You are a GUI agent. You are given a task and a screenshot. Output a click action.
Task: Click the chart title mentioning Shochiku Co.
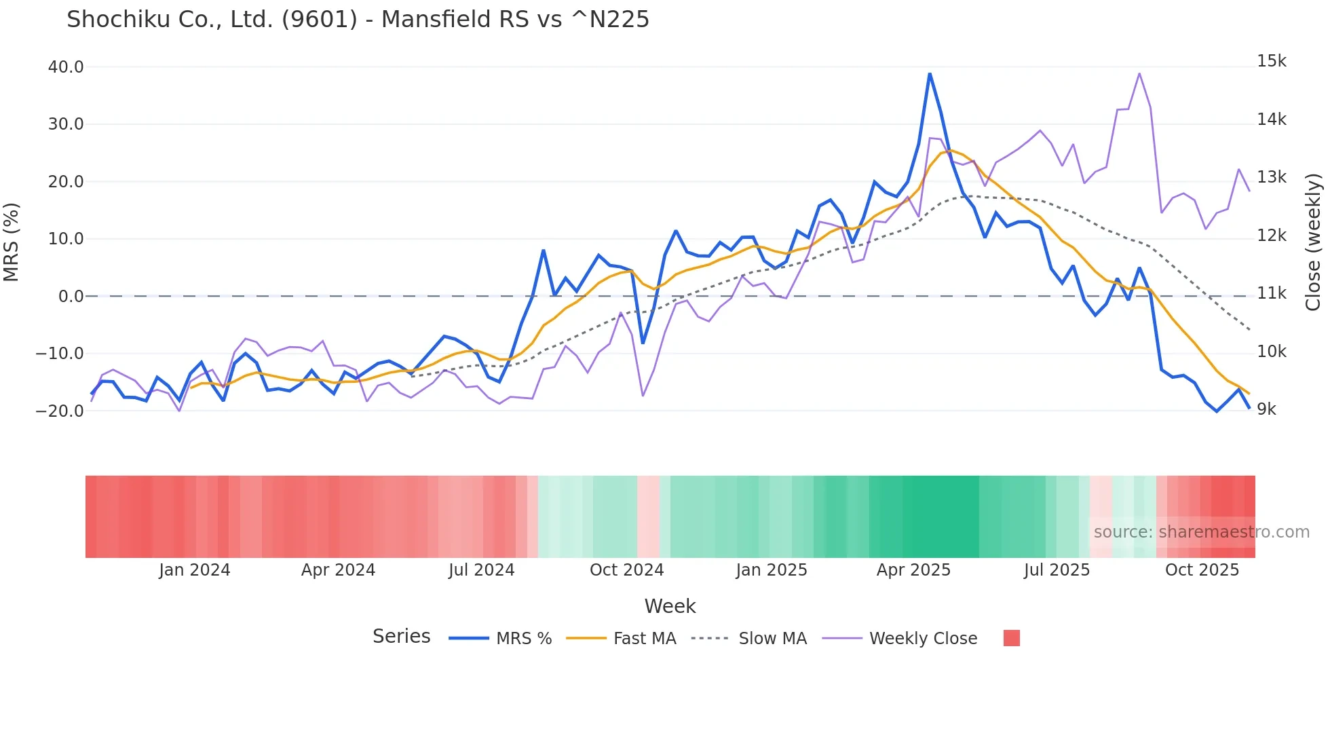358,20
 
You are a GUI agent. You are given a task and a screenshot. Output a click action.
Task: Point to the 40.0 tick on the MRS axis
66,67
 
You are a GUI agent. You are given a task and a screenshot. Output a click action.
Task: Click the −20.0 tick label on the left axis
60,411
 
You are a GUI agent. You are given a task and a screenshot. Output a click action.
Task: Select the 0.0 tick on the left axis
71,297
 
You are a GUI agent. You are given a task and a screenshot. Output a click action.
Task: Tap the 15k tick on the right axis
1271,61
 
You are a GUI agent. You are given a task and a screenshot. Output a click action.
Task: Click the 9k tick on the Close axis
1266,409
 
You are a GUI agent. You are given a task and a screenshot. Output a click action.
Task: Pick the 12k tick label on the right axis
1271,236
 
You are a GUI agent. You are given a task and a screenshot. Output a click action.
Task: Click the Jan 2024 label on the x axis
195,570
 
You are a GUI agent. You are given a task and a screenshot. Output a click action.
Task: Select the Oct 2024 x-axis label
626,570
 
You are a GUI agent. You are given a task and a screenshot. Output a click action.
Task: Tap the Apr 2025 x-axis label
913,570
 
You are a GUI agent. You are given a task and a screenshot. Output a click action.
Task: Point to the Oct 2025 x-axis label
1202,570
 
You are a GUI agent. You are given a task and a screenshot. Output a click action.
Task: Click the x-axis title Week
670,606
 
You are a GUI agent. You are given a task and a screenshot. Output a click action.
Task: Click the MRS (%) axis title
12,242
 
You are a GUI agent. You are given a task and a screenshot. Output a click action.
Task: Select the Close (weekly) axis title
1314,242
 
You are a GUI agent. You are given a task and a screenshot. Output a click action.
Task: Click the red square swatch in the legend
1011,638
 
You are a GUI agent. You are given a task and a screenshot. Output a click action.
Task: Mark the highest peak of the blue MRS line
930,73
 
